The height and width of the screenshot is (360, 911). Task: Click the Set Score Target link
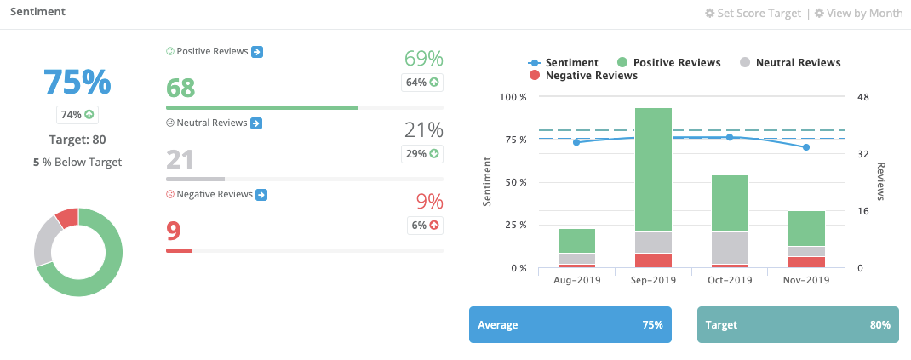point(753,14)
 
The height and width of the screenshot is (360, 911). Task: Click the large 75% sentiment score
point(77,83)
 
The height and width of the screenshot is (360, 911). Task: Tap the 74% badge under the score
point(77,114)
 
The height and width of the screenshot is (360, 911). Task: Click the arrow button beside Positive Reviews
point(257,52)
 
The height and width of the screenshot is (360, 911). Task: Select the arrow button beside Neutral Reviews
point(255,123)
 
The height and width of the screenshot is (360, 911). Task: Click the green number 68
point(180,88)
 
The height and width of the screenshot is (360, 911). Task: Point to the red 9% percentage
point(429,202)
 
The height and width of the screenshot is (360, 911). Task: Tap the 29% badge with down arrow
point(422,154)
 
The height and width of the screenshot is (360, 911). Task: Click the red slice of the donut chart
point(67,218)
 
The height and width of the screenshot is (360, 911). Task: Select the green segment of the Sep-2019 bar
point(653,169)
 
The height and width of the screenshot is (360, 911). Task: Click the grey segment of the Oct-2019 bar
point(730,248)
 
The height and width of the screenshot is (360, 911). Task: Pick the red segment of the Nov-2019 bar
point(806,262)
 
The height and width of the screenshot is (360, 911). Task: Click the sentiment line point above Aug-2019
point(576,142)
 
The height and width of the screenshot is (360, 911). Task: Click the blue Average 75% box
point(570,325)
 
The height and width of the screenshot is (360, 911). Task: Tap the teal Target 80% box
point(797,325)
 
